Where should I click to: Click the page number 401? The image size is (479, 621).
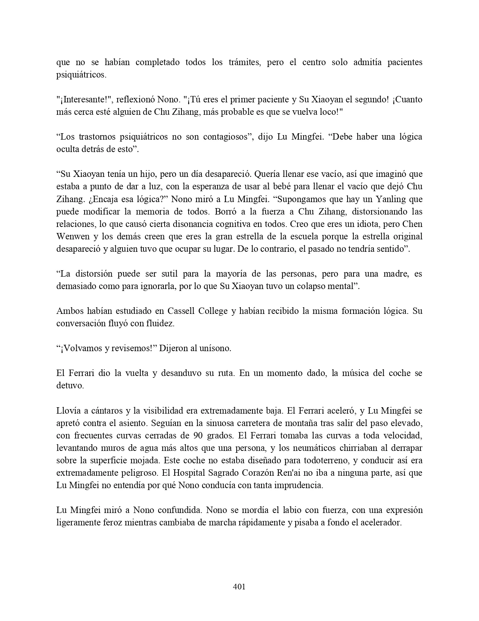point(239,586)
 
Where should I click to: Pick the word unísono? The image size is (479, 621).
point(215,348)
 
